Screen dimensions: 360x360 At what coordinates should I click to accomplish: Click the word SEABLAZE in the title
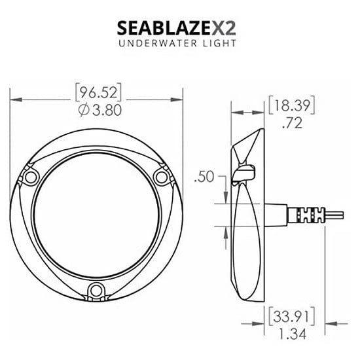[164, 28]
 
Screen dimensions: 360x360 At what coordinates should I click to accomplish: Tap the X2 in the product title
[224, 28]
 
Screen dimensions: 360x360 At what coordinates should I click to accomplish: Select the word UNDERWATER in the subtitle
[158, 43]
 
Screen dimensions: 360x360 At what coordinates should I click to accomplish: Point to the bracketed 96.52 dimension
[98, 92]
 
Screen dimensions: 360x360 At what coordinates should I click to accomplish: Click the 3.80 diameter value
[106, 110]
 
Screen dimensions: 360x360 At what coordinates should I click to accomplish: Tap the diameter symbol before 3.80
[84, 110]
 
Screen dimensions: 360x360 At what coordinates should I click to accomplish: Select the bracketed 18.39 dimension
[291, 105]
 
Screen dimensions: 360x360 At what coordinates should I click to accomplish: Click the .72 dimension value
[292, 123]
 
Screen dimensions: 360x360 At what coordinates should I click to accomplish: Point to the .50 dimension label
[204, 177]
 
